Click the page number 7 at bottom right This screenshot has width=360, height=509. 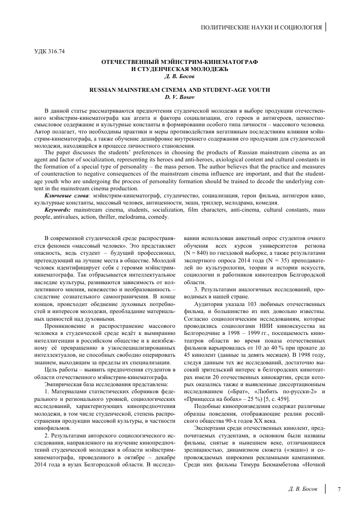click(x=338, y=489)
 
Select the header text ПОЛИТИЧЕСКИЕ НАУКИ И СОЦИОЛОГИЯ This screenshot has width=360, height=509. click(x=262, y=26)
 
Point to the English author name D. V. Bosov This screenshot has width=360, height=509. click(x=180, y=96)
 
